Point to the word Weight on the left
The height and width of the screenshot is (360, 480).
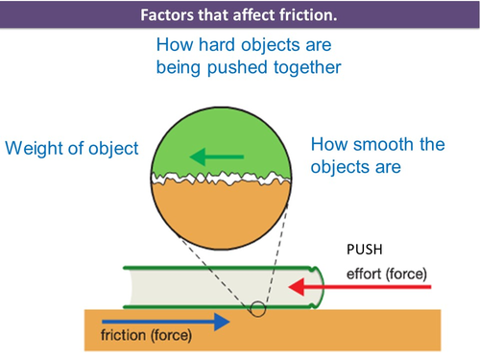click(36, 149)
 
